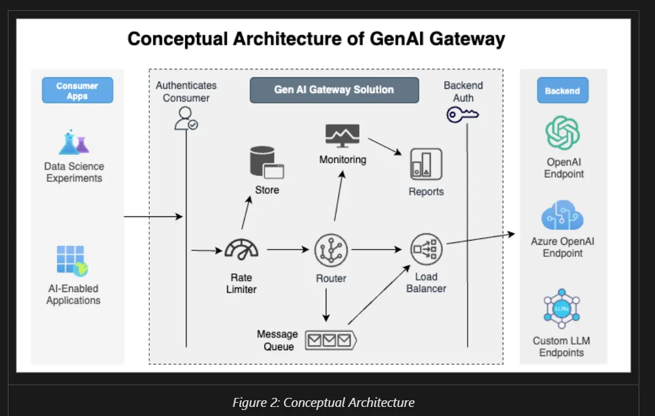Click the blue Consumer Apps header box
click(77, 91)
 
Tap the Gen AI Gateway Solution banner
click(334, 90)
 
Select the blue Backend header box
click(562, 91)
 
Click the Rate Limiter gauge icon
click(241, 249)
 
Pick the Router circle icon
click(331, 249)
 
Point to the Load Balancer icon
click(427, 249)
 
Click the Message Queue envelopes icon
click(330, 340)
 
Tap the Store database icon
click(266, 163)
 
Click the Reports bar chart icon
click(426, 164)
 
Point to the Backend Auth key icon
click(462, 114)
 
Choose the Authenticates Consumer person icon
click(186, 119)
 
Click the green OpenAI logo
click(563, 132)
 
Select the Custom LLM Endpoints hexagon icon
click(562, 308)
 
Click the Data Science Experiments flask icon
click(74, 142)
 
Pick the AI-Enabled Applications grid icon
click(72, 261)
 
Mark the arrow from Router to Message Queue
click(326, 305)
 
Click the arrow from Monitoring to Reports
click(386, 146)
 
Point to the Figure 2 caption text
click(323, 402)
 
